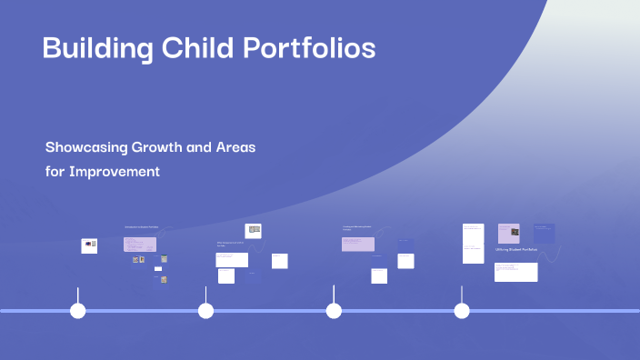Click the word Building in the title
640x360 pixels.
pos(95,49)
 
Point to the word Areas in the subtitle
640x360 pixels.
pos(235,147)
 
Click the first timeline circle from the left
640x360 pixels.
pos(78,311)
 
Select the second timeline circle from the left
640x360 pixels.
pos(206,311)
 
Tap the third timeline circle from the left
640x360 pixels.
pos(334,311)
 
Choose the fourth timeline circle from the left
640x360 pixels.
pos(462,311)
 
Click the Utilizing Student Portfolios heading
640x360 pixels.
pos(516,249)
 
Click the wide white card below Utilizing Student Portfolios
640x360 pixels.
pos(515,272)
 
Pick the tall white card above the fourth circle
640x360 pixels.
pos(473,243)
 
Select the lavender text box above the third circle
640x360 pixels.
pos(357,244)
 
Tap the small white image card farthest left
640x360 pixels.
pos(89,245)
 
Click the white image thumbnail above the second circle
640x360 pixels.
pos(255,231)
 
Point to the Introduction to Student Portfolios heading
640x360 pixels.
pos(141,226)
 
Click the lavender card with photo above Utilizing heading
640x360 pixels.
pos(508,233)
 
